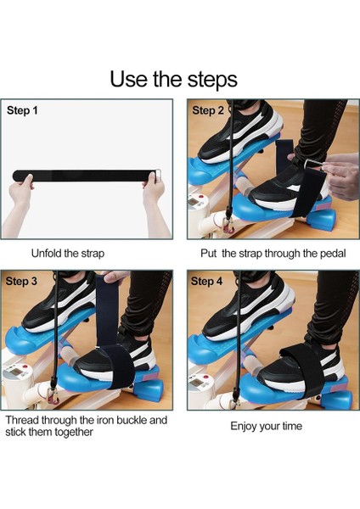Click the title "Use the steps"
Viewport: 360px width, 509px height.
[x=173, y=79]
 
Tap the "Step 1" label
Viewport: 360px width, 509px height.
[x=23, y=110]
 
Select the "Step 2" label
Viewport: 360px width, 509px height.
[x=208, y=110]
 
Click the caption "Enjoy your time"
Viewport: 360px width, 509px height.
[x=267, y=425]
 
